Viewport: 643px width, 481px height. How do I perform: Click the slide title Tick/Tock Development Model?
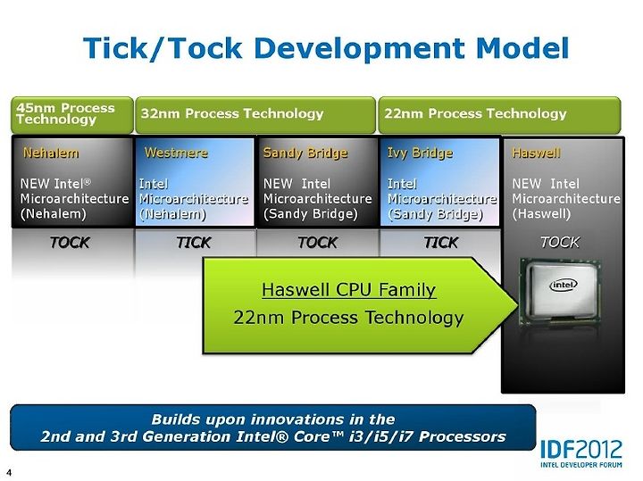coord(326,48)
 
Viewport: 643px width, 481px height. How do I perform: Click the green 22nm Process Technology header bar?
coord(499,115)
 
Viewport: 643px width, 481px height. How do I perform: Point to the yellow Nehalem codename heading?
coord(51,153)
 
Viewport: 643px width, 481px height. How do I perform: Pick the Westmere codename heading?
coord(176,153)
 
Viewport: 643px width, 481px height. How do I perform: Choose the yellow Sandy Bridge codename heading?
coord(305,153)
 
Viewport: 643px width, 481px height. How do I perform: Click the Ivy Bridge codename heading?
coord(421,153)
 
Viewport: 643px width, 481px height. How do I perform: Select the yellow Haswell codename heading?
coord(536,153)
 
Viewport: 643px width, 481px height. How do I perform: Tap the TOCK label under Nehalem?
coord(70,243)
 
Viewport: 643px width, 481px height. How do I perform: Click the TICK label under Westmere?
coord(194,243)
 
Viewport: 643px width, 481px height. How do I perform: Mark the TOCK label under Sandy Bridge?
coord(318,243)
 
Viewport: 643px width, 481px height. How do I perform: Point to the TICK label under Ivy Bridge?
coord(441,243)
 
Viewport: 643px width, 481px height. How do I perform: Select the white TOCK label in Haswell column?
coord(560,242)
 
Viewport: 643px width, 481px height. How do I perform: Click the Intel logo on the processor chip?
coord(564,285)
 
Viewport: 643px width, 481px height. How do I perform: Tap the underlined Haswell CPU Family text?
coord(349,290)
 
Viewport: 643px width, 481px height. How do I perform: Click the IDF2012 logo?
coord(581,450)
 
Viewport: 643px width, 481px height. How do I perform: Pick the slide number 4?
coord(9,472)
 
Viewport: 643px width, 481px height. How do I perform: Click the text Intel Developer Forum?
coord(581,465)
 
